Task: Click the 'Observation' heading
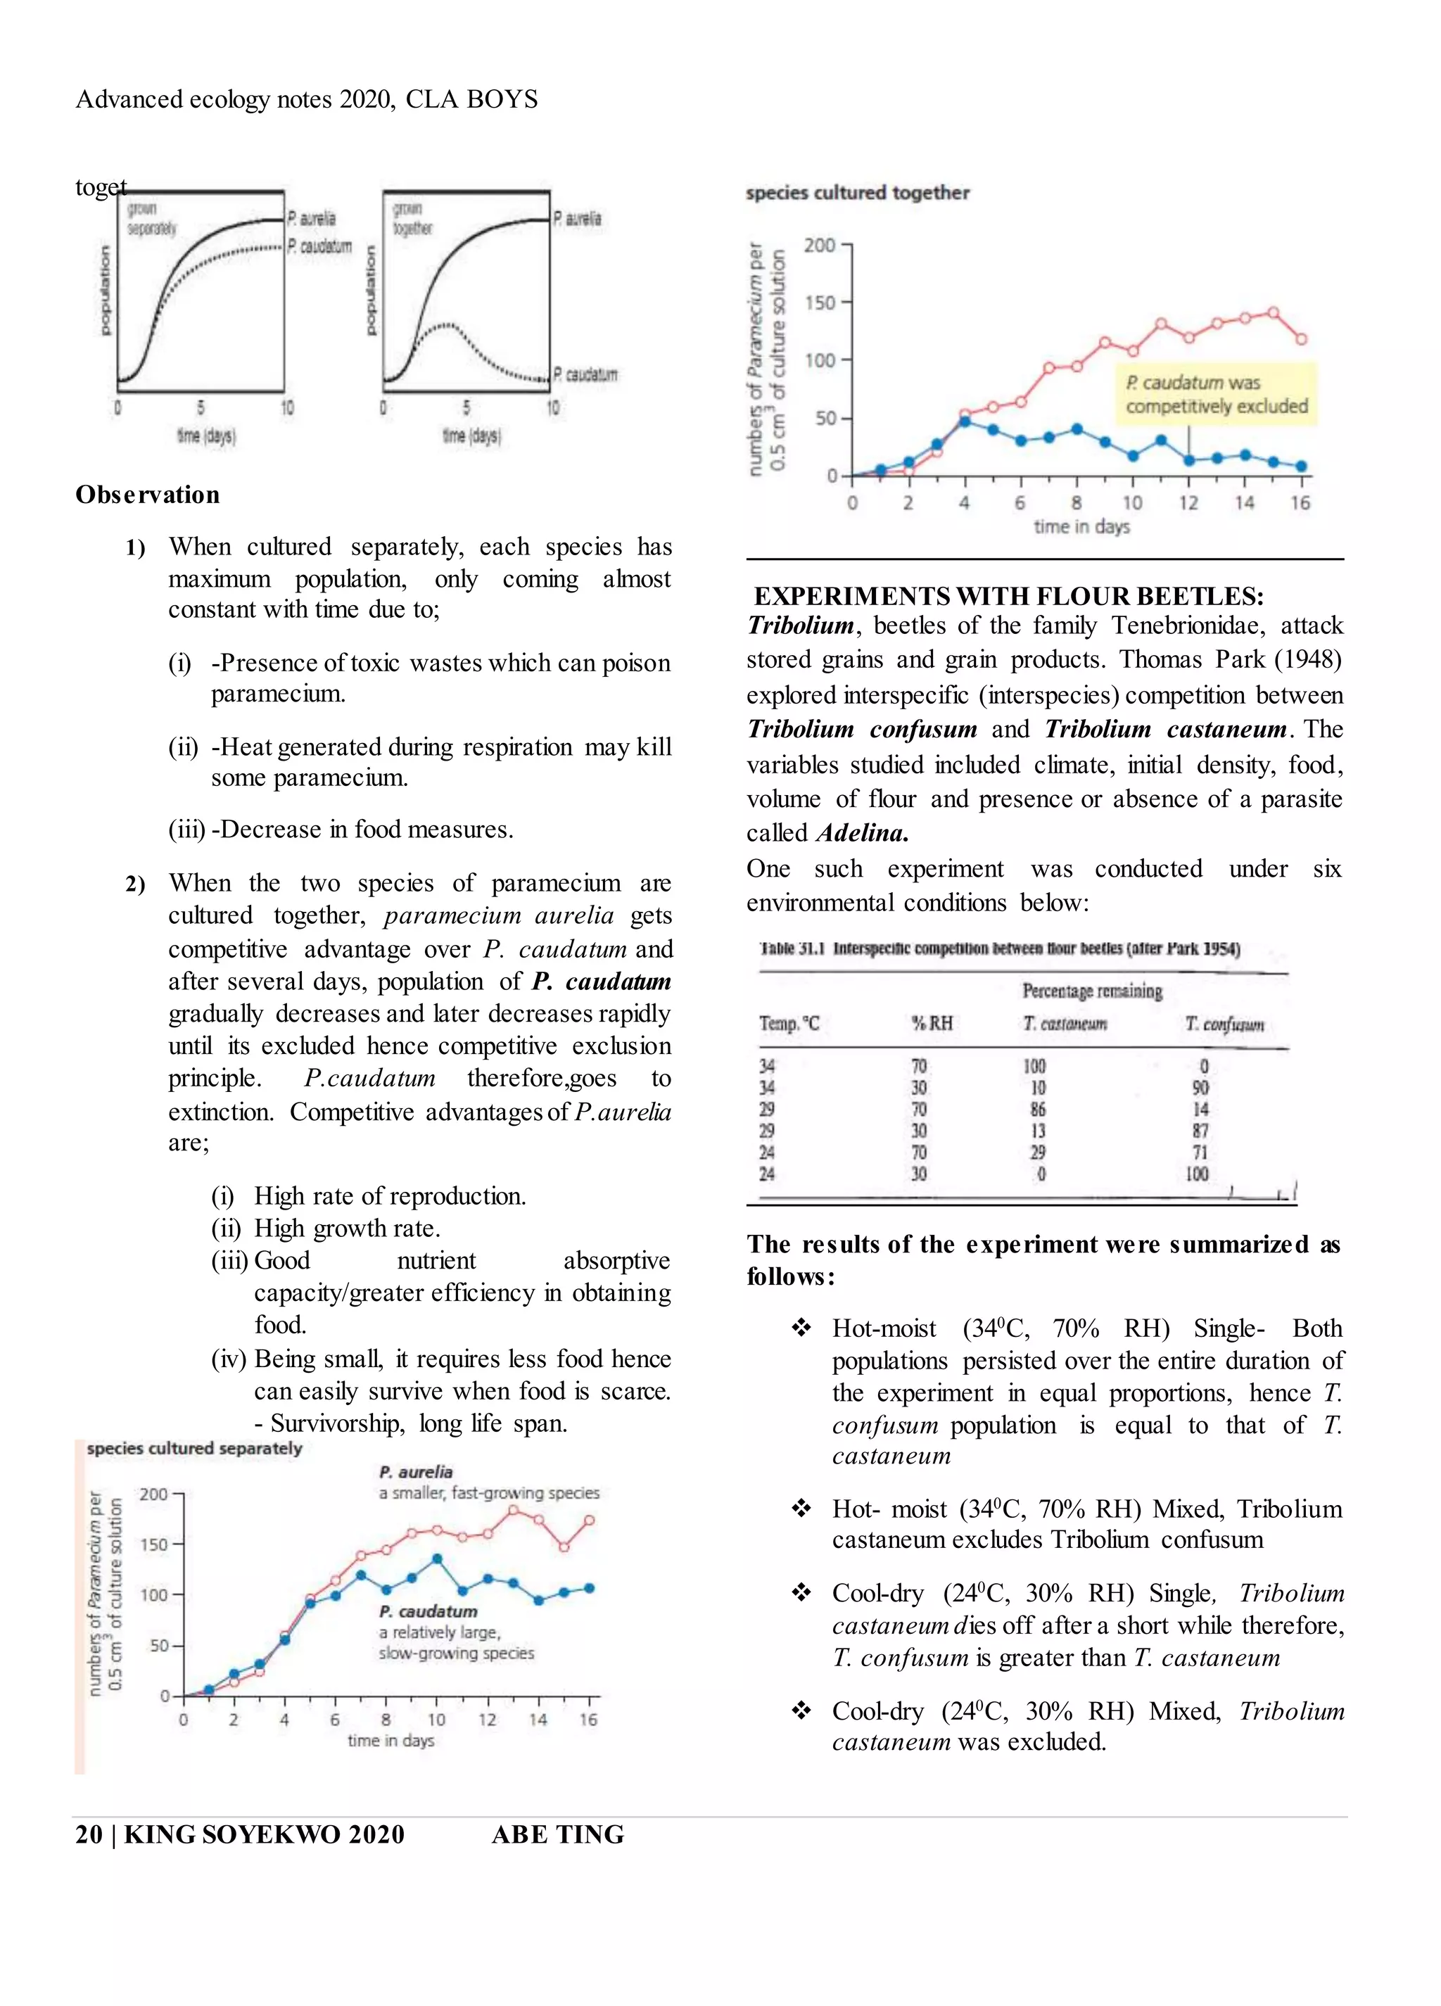pyautogui.click(x=148, y=495)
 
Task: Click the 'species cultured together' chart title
pyautogui.click(x=857, y=193)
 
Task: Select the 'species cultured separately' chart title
pyautogui.click(x=195, y=1448)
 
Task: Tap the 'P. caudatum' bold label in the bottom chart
pyautogui.click(x=428, y=1611)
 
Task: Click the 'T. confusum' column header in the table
pyautogui.click(x=1224, y=1024)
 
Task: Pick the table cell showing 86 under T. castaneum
pyautogui.click(x=1038, y=1109)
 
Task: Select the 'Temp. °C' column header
pyautogui.click(x=789, y=1024)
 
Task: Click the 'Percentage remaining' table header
pyautogui.click(x=1091, y=991)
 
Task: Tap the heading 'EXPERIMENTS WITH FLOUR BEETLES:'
pyautogui.click(x=1008, y=596)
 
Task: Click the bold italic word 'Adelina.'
pyautogui.click(x=863, y=833)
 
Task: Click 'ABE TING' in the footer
pyautogui.click(x=557, y=1834)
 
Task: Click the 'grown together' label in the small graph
pyautogui.click(x=412, y=218)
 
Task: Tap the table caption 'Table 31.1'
pyautogui.click(x=792, y=949)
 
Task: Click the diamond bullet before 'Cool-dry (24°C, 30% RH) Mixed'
pyautogui.click(x=801, y=1710)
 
